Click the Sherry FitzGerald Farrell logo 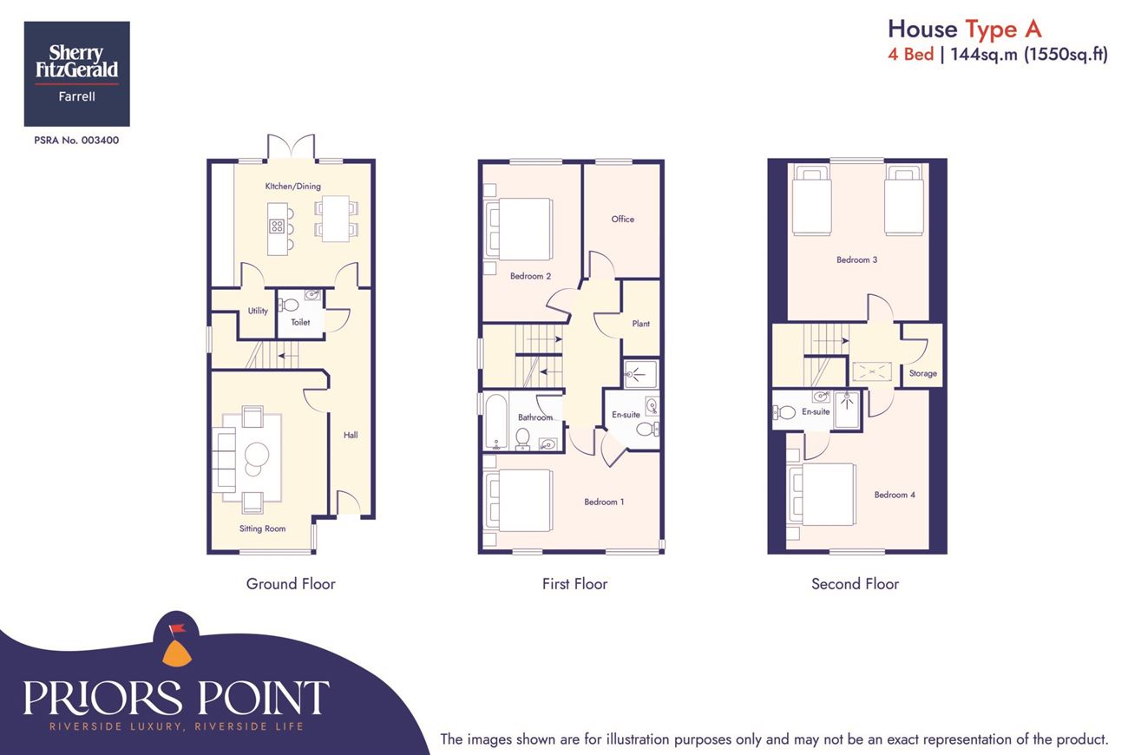(76, 74)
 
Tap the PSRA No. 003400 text (76, 141)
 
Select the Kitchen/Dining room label (293, 186)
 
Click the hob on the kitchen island (277, 226)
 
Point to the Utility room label (258, 311)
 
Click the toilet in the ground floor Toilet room (289, 305)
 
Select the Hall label (351, 435)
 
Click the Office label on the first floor (623, 219)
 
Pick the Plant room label (641, 324)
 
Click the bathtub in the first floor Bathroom (496, 422)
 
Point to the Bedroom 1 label (604, 502)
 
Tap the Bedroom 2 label (530, 276)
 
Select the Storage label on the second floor (923, 373)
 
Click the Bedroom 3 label (856, 259)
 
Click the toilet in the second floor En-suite (784, 413)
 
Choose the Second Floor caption (855, 584)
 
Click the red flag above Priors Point (177, 628)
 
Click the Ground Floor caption (291, 584)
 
